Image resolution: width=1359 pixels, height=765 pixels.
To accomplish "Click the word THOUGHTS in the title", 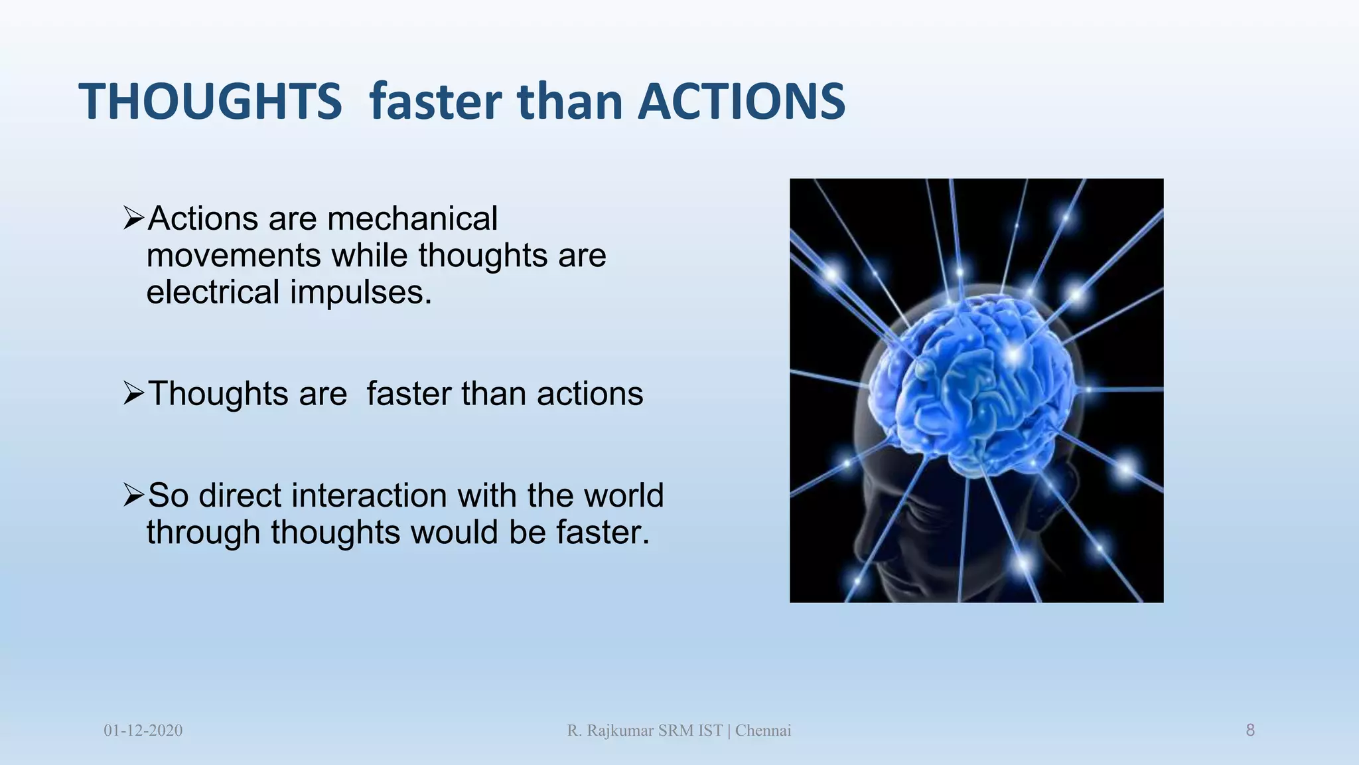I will [210, 102].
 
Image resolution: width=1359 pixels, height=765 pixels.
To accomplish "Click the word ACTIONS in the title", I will [741, 102].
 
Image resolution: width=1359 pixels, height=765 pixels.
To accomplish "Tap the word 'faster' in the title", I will [435, 102].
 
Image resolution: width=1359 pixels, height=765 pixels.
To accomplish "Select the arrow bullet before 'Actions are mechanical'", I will [133, 218].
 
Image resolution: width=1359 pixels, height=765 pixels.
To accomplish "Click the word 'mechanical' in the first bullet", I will [412, 218].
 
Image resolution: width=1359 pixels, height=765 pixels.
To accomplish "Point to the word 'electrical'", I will [213, 292].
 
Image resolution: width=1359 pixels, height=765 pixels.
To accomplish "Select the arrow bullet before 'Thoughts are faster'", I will [133, 393].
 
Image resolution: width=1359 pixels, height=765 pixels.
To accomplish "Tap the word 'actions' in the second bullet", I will [590, 393].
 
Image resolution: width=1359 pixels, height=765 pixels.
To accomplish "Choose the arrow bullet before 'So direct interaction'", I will [133, 495].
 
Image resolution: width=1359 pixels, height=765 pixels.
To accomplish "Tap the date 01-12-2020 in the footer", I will [143, 730].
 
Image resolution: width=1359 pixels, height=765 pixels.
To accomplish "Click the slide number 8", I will [1250, 730].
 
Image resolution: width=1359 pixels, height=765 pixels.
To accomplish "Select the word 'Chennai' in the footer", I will [763, 730].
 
